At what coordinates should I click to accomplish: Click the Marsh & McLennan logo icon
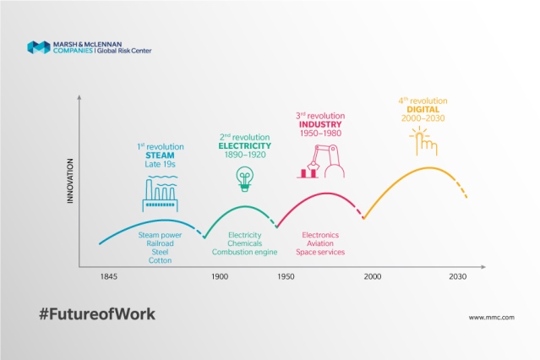(x=39, y=47)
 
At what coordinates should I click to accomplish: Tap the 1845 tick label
(x=108, y=276)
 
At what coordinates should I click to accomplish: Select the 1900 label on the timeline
(x=220, y=276)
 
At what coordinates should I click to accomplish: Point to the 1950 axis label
(x=286, y=276)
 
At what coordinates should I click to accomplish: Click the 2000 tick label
(x=373, y=276)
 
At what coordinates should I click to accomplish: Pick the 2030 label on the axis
(x=458, y=276)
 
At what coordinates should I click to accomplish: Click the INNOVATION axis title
(x=70, y=181)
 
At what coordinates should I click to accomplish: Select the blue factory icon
(x=160, y=194)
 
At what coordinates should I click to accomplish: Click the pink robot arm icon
(x=320, y=161)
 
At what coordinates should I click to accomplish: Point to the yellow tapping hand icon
(x=423, y=141)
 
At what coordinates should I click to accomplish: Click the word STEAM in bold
(x=160, y=155)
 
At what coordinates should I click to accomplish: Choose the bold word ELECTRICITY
(x=245, y=145)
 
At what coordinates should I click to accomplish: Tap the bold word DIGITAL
(x=423, y=110)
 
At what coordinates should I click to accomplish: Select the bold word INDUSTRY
(x=320, y=124)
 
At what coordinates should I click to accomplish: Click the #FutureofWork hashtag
(x=97, y=314)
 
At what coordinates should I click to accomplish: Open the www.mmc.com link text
(x=492, y=318)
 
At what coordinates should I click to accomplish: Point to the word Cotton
(x=160, y=260)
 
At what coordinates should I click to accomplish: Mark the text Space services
(x=320, y=252)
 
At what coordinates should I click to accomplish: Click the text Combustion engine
(x=244, y=252)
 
